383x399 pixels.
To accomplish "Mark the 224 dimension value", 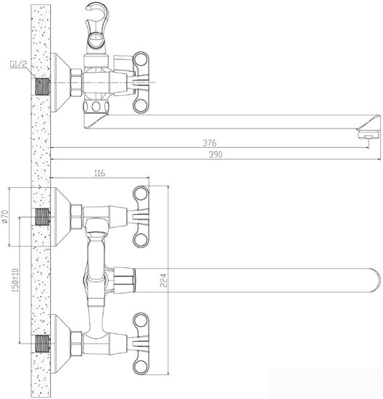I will (x=144, y=277).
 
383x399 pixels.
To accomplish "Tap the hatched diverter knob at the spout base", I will (x=125, y=278).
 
